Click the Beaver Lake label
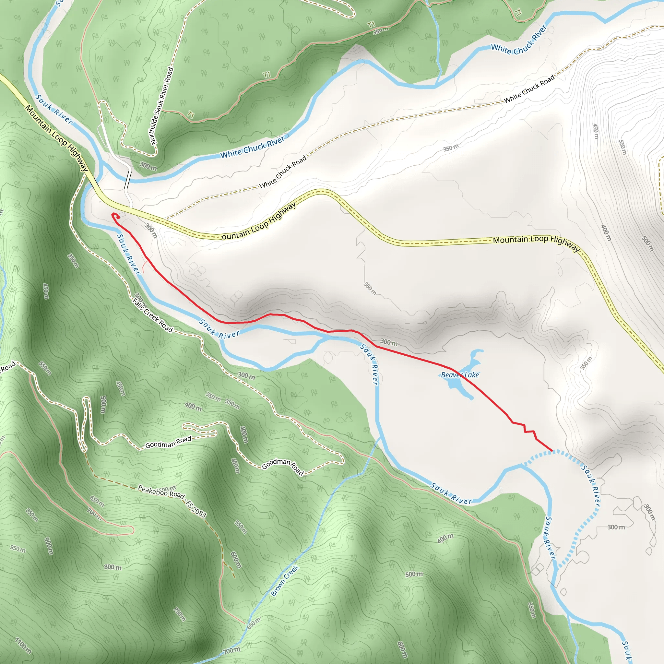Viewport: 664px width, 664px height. pos(459,375)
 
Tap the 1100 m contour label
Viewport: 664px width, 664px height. pos(23,646)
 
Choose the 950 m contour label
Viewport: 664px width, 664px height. pos(18,549)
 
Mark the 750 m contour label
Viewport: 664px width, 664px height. pos(179,614)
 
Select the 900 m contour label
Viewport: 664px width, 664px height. pos(49,546)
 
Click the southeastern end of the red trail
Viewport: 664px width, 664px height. pos(551,450)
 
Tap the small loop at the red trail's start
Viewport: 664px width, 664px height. pos(115,216)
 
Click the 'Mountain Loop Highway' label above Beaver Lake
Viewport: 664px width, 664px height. pos(536,242)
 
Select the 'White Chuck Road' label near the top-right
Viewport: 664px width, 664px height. pos(529,89)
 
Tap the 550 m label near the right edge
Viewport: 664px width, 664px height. pos(623,147)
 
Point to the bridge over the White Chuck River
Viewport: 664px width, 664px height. pos(127,179)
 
